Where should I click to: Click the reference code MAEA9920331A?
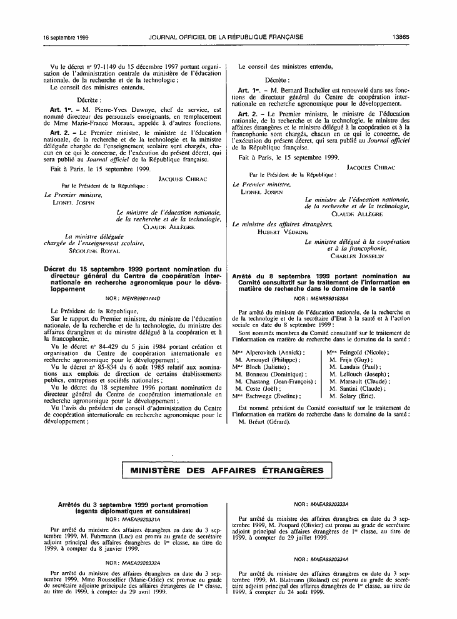tap(138, 519)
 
